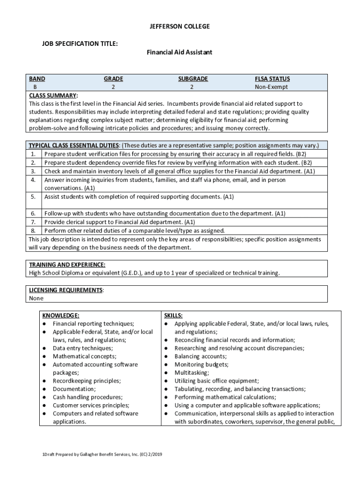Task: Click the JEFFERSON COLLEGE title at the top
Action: click(180, 27)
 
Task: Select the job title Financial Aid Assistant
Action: click(180, 52)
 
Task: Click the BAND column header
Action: click(37, 79)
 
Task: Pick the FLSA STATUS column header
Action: click(272, 79)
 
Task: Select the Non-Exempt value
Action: click(271, 87)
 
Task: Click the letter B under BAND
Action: click(35, 87)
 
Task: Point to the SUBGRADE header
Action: click(193, 79)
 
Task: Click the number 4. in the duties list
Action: click(33, 180)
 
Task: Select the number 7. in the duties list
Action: click(33, 222)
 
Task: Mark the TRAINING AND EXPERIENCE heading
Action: click(67, 265)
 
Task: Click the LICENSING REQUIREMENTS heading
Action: click(66, 290)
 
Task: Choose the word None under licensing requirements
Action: click(36, 298)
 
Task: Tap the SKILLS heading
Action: click(173, 315)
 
